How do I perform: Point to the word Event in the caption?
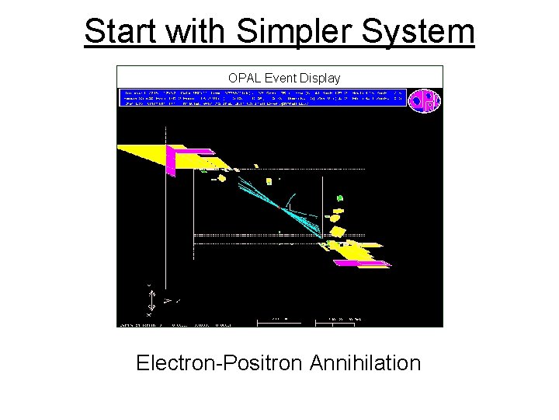tap(279, 78)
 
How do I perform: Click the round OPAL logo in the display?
tap(424, 100)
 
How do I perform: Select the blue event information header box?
tap(262, 97)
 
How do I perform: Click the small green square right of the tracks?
tap(339, 199)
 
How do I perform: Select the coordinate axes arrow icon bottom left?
tap(152, 299)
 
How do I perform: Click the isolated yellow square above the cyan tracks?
tap(221, 178)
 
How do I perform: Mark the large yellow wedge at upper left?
tap(148, 156)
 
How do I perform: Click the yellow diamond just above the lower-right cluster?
tap(337, 232)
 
